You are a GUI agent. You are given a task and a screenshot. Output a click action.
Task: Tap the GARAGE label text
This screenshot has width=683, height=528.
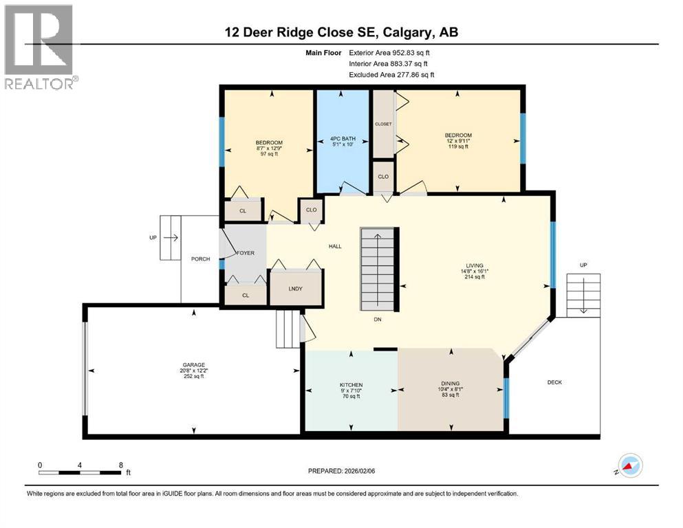point(193,365)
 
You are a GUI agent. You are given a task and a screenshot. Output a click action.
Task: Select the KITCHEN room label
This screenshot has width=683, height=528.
point(351,385)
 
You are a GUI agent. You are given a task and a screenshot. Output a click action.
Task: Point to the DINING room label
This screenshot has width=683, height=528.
point(451,384)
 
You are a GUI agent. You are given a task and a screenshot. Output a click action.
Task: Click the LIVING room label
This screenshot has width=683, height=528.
point(475,265)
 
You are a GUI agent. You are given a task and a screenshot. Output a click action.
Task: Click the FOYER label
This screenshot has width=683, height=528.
point(246,253)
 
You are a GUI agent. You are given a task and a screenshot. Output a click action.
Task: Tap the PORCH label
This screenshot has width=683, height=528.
point(201,259)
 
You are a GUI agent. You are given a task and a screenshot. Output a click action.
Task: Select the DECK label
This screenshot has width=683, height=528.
point(554,382)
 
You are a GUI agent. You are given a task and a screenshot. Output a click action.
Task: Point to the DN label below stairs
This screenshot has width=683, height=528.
point(378,320)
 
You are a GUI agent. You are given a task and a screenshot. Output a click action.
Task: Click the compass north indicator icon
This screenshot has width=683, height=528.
point(629,465)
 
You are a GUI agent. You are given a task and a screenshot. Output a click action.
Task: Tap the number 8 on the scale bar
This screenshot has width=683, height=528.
point(121,465)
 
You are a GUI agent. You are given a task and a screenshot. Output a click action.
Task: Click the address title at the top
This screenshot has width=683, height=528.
point(340,32)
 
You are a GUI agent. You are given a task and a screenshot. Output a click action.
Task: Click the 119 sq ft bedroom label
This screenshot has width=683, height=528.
point(458,146)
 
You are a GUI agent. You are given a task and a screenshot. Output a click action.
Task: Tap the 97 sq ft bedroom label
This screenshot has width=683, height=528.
point(268,154)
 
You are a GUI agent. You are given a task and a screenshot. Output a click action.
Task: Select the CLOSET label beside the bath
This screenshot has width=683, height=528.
point(383,124)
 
